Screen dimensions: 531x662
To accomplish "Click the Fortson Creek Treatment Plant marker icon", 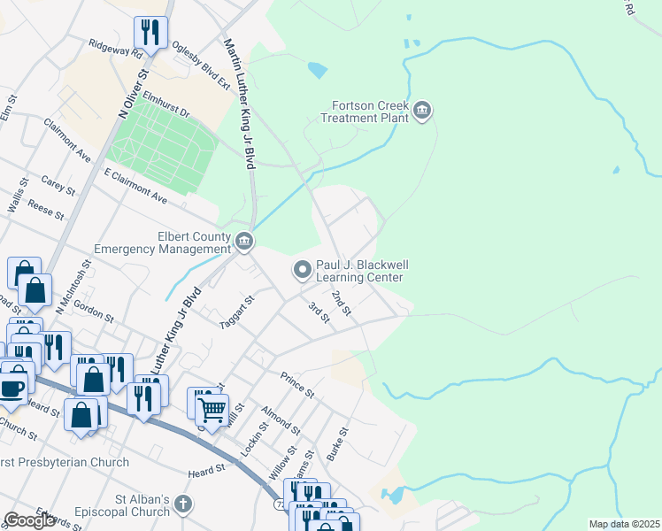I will click(x=421, y=110).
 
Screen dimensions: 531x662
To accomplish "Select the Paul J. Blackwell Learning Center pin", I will click(x=303, y=267).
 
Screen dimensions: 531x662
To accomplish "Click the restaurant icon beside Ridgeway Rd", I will click(x=150, y=33).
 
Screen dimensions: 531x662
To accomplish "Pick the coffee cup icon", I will click(x=12, y=387).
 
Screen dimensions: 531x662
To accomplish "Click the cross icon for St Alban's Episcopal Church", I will click(x=182, y=505).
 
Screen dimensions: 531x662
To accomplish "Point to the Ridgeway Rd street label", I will click(x=115, y=48).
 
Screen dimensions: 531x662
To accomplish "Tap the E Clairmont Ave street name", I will click(x=135, y=186).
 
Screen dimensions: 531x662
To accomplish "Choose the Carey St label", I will click(x=58, y=185).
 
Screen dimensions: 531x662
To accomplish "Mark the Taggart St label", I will click(x=236, y=312).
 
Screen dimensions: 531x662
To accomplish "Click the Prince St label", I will click(x=297, y=385).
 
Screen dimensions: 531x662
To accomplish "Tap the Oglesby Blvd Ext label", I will click(x=201, y=62).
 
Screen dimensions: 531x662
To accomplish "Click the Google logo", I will click(x=29, y=520).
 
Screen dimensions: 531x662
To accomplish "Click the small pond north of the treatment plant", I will click(x=316, y=69).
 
